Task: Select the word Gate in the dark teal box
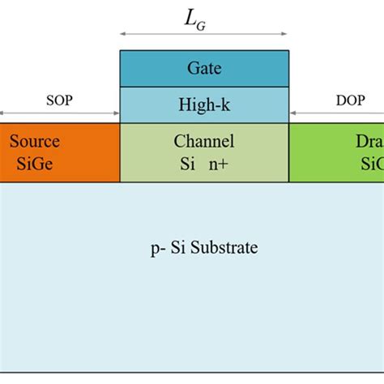[x=204, y=69]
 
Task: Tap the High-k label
[x=204, y=105]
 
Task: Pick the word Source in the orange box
[x=35, y=142]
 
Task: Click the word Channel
[x=204, y=142]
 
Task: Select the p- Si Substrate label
[x=204, y=247]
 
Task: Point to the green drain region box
[x=336, y=152]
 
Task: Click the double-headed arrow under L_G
[x=204, y=35]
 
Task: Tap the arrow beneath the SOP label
[x=58, y=113]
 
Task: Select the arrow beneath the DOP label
[x=336, y=113]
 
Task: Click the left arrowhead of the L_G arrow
[x=123, y=35]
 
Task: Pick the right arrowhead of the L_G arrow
[x=285, y=35]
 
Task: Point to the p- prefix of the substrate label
[x=157, y=248]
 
